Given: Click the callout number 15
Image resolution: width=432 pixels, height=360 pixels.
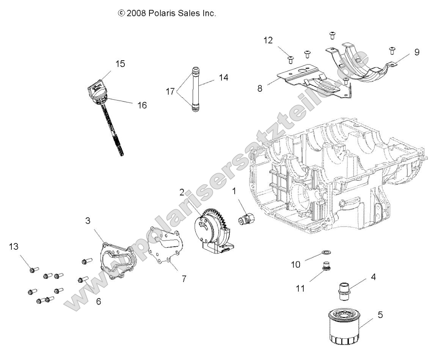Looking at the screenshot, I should (120, 64).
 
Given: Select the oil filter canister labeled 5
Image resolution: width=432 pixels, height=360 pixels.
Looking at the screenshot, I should (342, 326).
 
